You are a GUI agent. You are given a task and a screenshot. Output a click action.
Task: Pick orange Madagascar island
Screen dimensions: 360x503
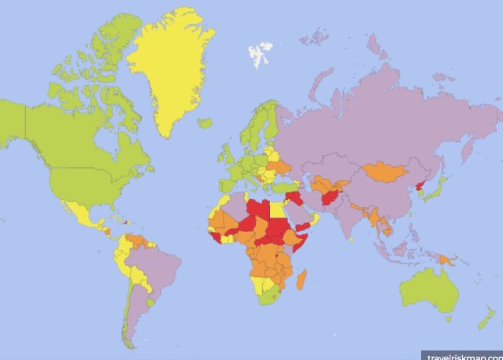pos(301,279)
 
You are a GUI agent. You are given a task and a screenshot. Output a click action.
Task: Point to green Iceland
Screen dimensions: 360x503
pos(204,123)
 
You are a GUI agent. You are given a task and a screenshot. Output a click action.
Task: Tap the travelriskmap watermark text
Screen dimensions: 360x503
pos(463,355)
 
